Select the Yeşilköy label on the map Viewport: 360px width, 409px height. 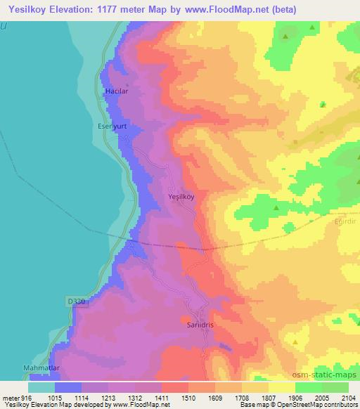click(181, 197)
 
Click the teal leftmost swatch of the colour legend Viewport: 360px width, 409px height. click(41, 387)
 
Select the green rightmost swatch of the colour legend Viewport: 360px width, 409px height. click(335, 387)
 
